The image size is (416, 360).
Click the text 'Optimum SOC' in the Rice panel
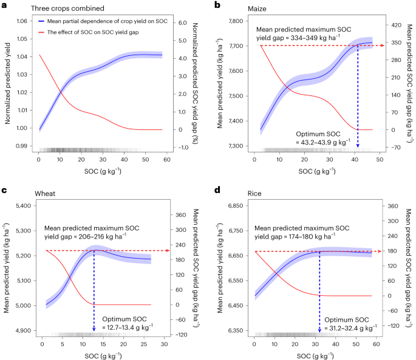point(346,319)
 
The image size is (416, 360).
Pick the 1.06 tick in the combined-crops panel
point(21,21)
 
